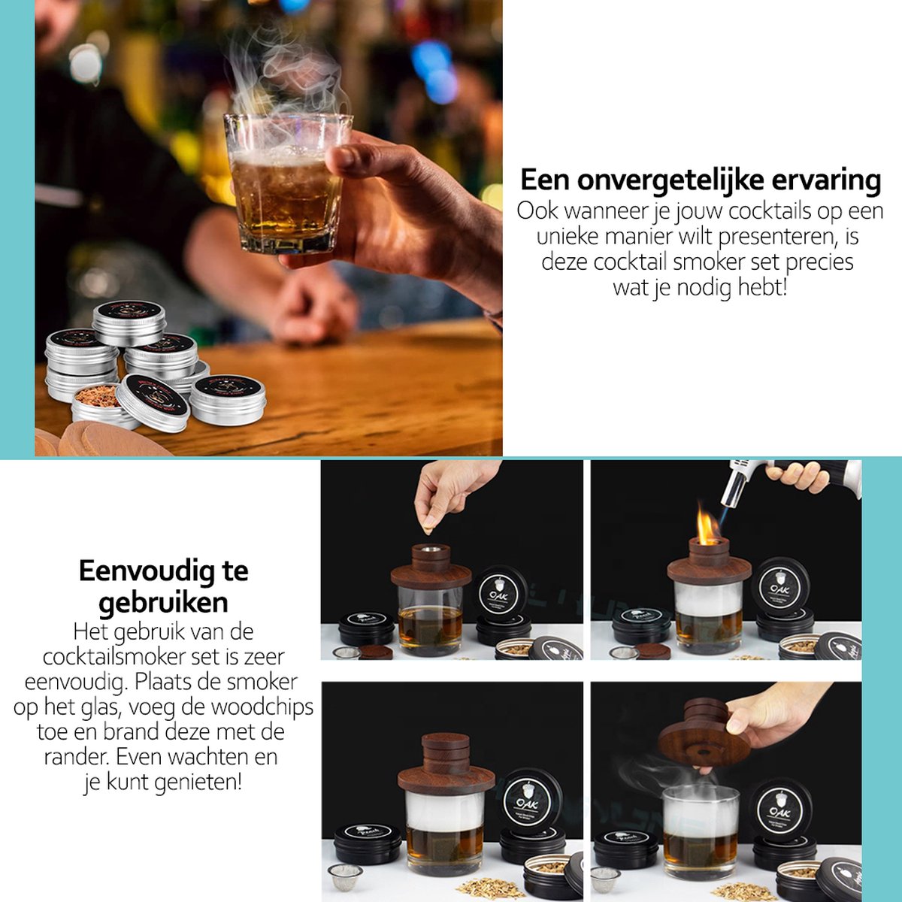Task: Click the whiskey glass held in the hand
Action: point(286,184)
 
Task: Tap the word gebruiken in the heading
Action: point(163,602)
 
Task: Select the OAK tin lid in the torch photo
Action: point(780,587)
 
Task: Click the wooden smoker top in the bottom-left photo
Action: point(445,767)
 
